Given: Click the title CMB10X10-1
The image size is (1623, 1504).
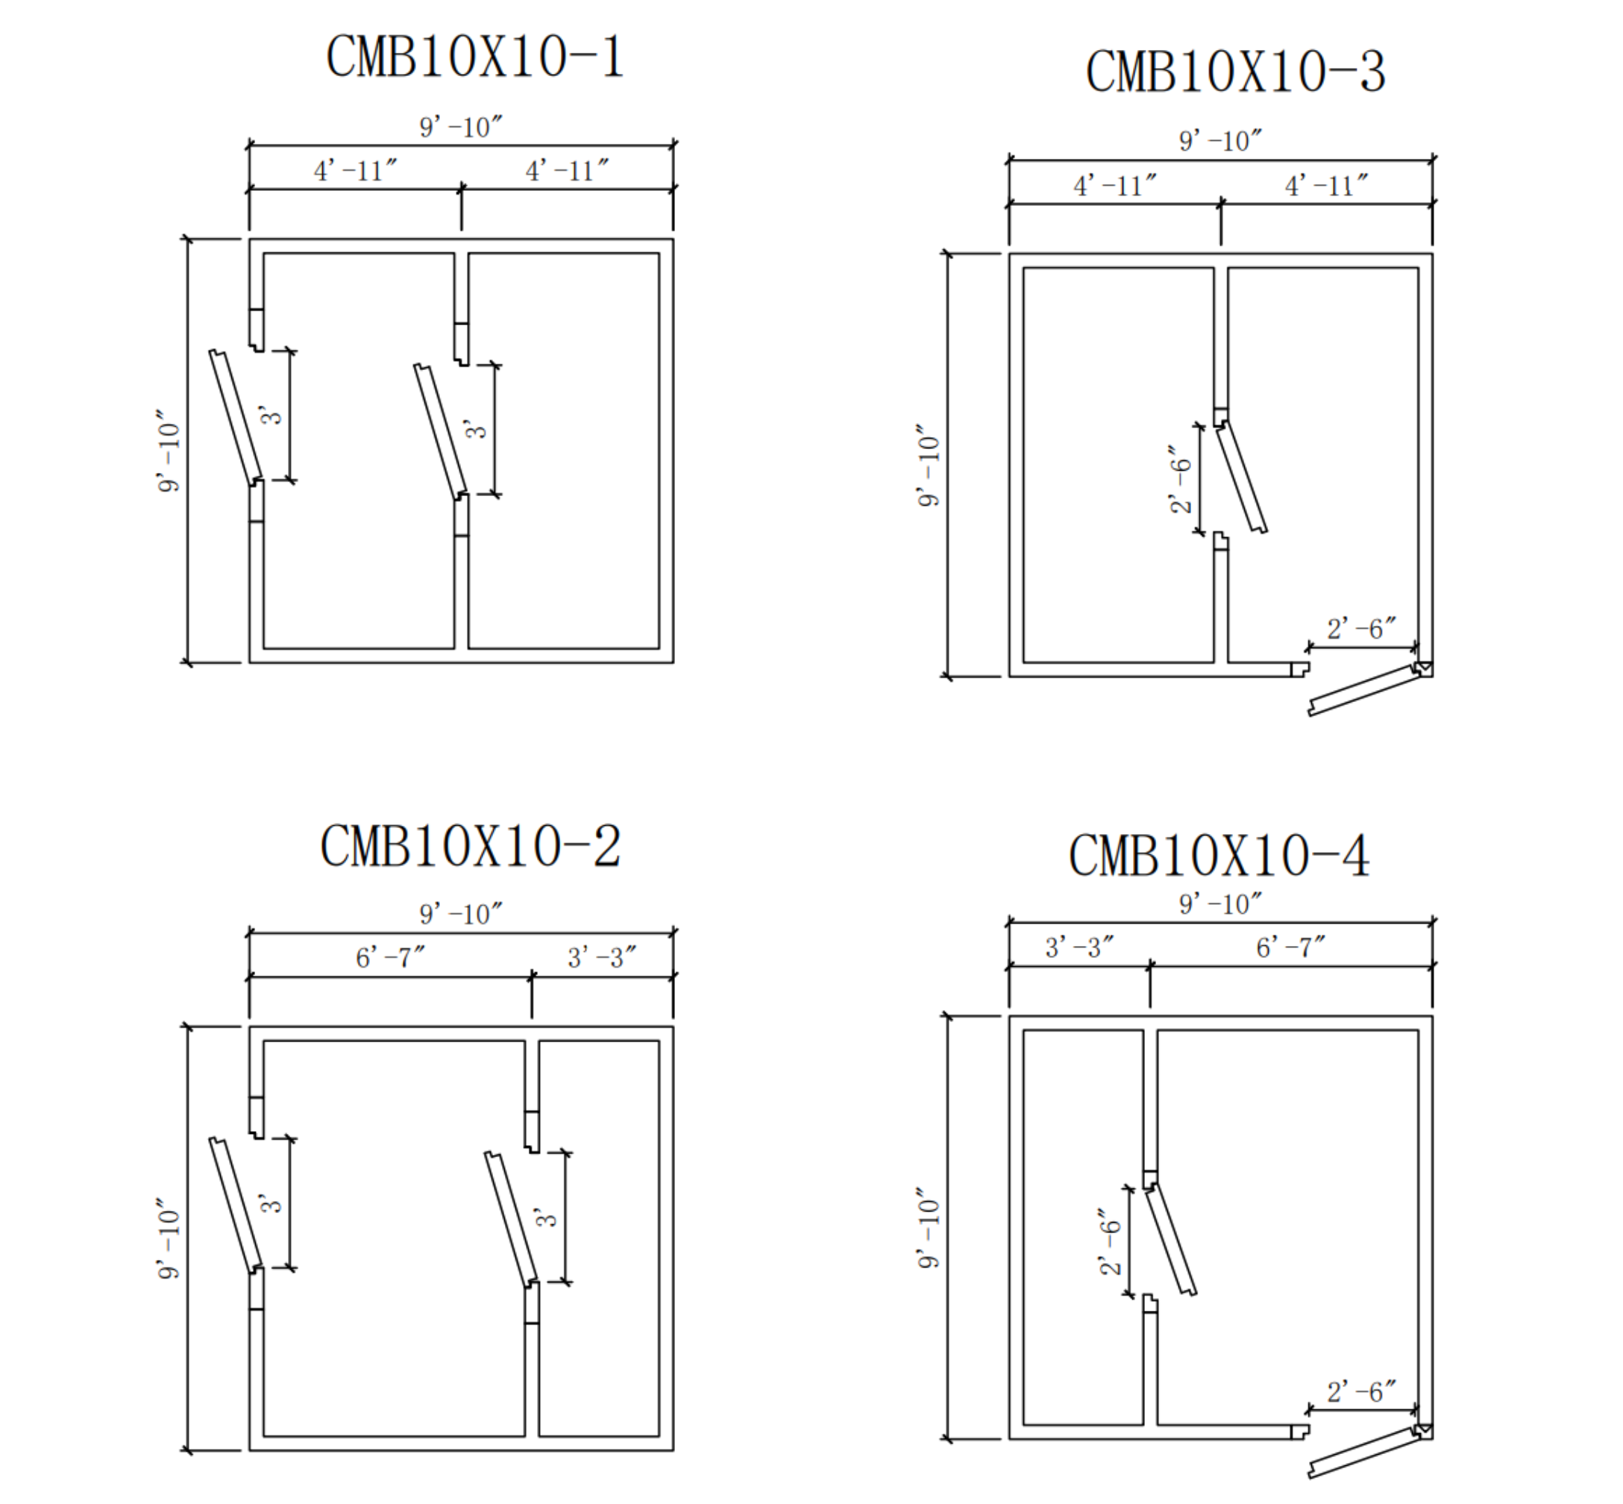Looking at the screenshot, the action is pyautogui.click(x=474, y=57).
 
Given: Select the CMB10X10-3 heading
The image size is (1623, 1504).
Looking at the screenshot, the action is pyautogui.click(x=1235, y=72).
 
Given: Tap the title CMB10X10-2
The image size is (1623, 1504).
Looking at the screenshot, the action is pyautogui.click(x=470, y=847).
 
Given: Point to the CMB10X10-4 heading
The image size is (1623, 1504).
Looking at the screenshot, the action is pyautogui.click(x=1219, y=856).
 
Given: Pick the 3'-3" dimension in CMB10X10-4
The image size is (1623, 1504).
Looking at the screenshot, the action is pyautogui.click(x=1079, y=947).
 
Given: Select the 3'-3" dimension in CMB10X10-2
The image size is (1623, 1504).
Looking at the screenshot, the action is pyautogui.click(x=602, y=957).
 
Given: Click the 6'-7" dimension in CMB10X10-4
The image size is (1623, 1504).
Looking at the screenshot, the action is pyautogui.click(x=1291, y=947).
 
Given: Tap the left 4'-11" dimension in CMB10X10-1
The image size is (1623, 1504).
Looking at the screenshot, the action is pyautogui.click(x=356, y=171).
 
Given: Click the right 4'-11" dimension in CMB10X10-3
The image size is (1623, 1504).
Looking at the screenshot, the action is pyautogui.click(x=1327, y=186).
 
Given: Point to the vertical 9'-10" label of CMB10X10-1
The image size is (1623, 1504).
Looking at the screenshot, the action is pyautogui.click(x=169, y=450).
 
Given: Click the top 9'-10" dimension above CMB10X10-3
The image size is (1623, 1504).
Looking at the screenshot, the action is pyautogui.click(x=1220, y=141).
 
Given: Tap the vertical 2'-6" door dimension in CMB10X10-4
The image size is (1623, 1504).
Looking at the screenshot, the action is pyautogui.click(x=1110, y=1241).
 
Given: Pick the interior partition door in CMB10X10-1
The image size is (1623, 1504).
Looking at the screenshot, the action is pyautogui.click(x=441, y=430).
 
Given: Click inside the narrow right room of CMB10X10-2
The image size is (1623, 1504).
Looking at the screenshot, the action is pyautogui.click(x=599, y=1238).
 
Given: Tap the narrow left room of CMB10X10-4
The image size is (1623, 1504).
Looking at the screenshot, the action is pyautogui.click(x=1083, y=1227).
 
